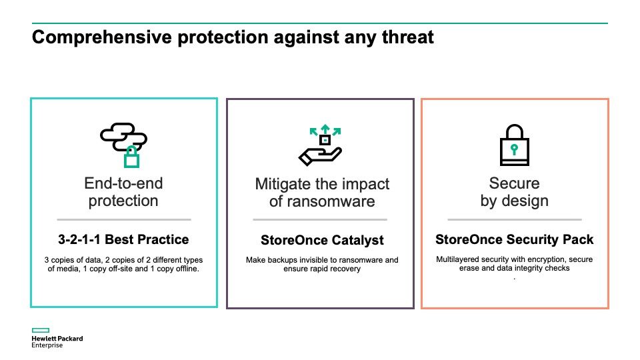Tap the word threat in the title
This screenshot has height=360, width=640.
(x=408, y=37)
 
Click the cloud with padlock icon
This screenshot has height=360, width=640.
(x=124, y=145)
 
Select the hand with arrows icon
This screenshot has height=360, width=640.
(x=321, y=145)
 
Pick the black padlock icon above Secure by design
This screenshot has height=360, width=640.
(x=514, y=145)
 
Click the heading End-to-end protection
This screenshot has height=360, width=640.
(x=123, y=192)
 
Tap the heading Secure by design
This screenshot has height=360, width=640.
(x=514, y=192)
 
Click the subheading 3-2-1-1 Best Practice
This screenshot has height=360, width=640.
(x=123, y=239)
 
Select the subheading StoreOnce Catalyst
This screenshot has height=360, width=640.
(x=322, y=240)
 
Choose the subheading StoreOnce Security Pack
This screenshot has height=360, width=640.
(x=514, y=239)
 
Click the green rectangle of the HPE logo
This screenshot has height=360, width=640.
(x=41, y=330)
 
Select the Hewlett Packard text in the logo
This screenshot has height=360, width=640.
(x=57, y=339)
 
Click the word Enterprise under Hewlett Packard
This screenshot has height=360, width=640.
(x=47, y=345)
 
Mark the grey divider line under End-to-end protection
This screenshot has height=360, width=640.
(x=124, y=219)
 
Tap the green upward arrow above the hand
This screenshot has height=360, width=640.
(x=325, y=129)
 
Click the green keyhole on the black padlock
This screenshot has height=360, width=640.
(x=514, y=149)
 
